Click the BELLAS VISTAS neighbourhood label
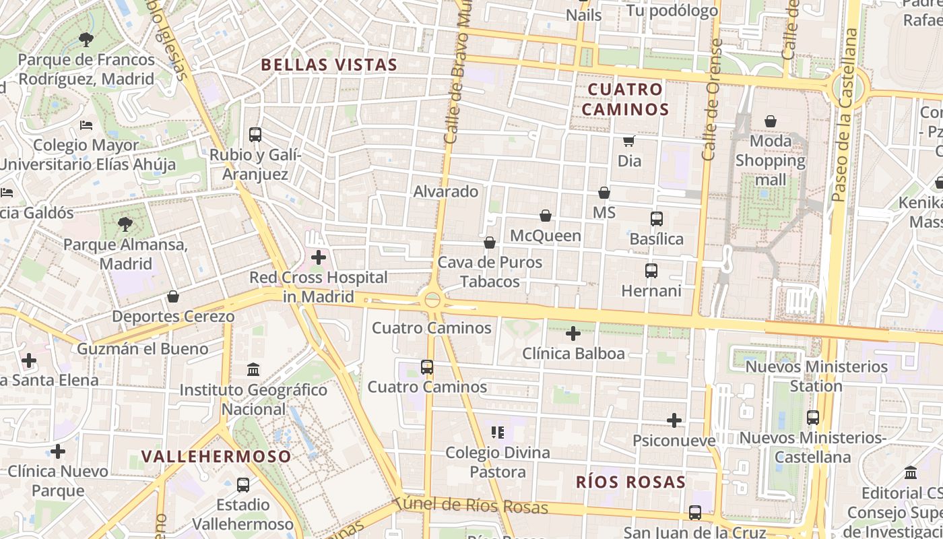pos(329,65)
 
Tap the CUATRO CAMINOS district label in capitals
pos(625,99)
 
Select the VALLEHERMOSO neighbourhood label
pos(216,456)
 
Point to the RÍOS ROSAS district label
pos(630,482)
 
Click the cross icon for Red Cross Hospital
pos(319,257)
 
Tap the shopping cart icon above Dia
pos(629,141)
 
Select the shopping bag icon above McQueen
pos(546,216)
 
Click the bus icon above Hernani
pos(651,271)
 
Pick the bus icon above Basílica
pos(657,219)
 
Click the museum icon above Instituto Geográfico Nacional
pos(253,369)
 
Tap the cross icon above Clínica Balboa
pos(573,334)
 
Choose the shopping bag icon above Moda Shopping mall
pos(771,121)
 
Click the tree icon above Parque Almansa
pos(125,224)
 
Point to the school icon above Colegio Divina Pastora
pos(498,432)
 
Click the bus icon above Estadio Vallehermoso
pos(243,484)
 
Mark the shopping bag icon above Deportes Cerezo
pos(173,296)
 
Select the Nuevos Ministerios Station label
pos(816,377)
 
